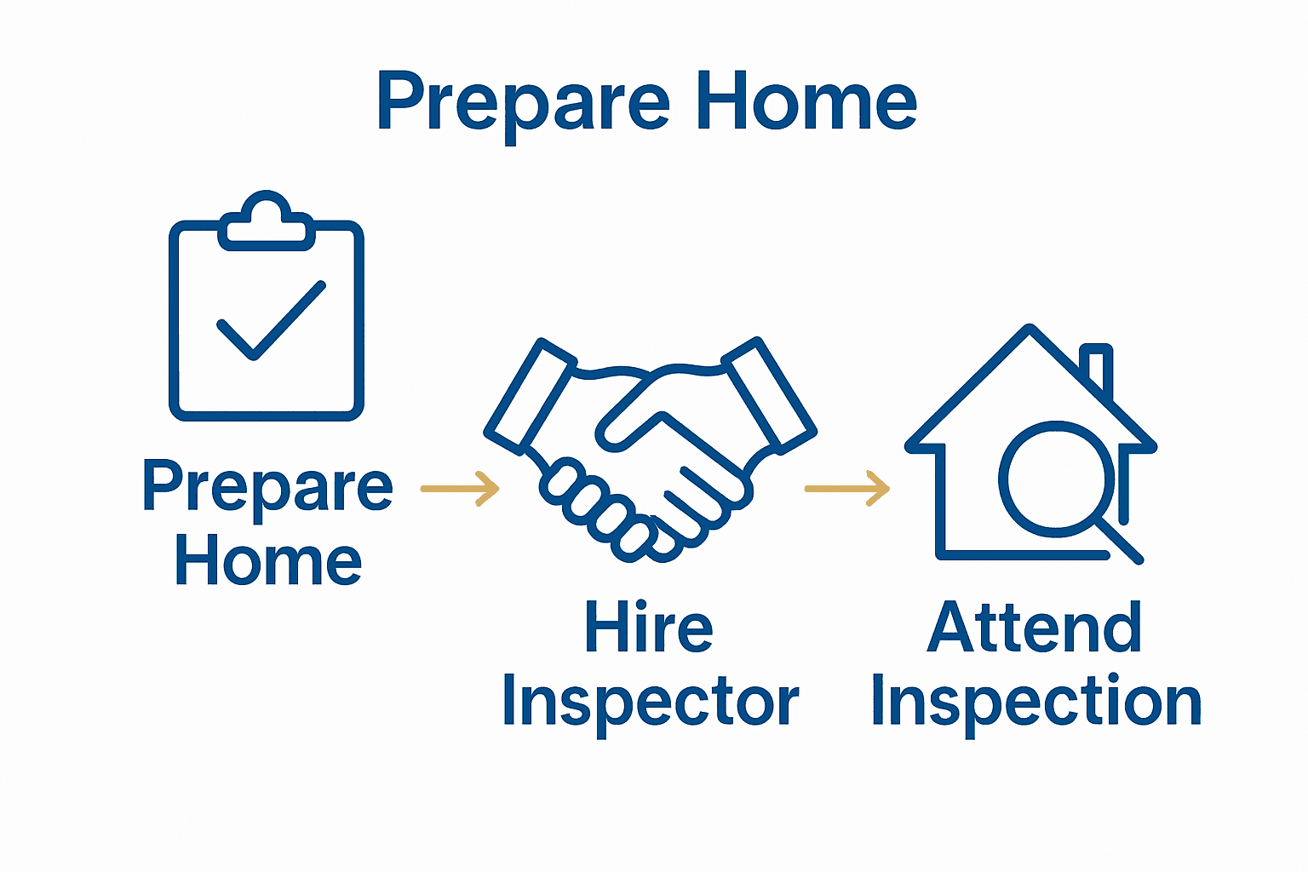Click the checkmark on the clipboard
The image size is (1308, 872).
point(271,319)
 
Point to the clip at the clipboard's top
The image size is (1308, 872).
point(266,223)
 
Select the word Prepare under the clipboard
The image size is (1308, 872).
point(267,487)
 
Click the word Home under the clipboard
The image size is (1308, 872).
point(268,562)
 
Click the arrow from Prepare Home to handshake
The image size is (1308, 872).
point(460,489)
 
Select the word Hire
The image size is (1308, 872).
point(648,628)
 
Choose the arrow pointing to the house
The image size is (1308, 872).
point(846,489)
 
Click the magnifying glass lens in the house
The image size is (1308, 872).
point(1056,479)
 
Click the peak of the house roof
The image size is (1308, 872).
point(1030,330)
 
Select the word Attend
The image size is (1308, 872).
point(1034,628)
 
